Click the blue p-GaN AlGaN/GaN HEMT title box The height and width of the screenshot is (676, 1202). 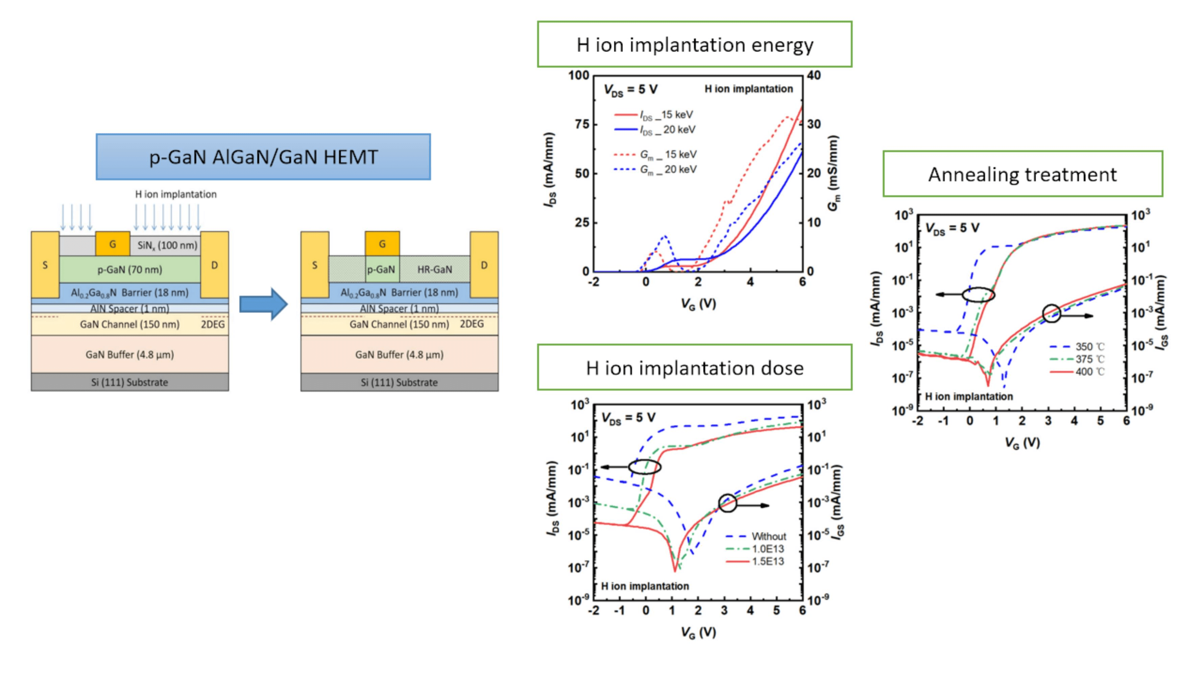pyautogui.click(x=263, y=157)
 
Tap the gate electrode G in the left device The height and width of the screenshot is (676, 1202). pyautogui.click(x=113, y=243)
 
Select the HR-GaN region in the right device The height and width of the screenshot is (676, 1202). pyautogui.click(x=434, y=269)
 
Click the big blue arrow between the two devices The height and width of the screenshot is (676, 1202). pyautogui.click(x=264, y=304)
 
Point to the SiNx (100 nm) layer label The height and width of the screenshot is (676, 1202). pyautogui.click(x=167, y=245)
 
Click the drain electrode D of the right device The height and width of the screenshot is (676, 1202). pyautogui.click(x=484, y=265)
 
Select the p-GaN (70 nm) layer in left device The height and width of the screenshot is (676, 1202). pyautogui.click(x=130, y=269)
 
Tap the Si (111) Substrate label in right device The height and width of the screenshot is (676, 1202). pyautogui.click(x=399, y=382)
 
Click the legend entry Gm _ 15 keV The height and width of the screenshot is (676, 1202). pyautogui.click(x=668, y=154)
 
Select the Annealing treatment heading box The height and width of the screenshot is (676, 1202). pyautogui.click(x=1023, y=174)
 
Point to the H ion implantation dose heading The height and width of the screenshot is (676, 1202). pyautogui.click(x=694, y=368)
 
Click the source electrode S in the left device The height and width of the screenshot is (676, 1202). pyautogui.click(x=45, y=265)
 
